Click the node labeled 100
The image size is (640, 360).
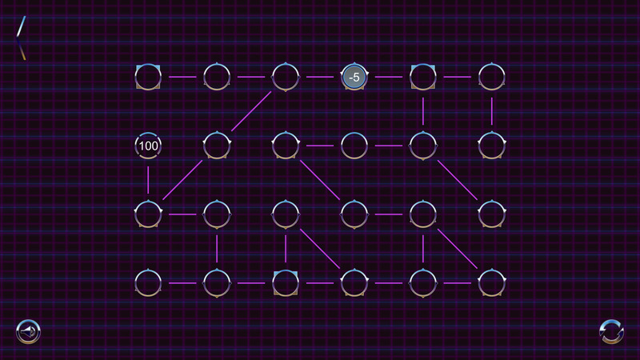pyautogui.click(x=148, y=146)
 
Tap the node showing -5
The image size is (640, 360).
pyautogui.click(x=354, y=77)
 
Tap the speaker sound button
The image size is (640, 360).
pyautogui.click(x=28, y=331)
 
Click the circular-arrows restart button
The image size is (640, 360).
pyautogui.click(x=611, y=331)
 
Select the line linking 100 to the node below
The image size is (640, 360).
pyautogui.click(x=148, y=180)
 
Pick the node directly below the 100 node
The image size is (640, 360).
pyautogui.click(x=148, y=214)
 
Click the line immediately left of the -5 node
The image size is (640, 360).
pyautogui.click(x=320, y=77)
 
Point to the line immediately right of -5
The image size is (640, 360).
pyautogui.click(x=389, y=77)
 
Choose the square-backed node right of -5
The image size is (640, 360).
pyautogui.click(x=423, y=77)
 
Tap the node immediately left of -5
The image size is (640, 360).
pyautogui.click(x=286, y=77)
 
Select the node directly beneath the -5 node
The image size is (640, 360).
pyautogui.click(x=354, y=146)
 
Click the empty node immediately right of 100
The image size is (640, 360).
pyautogui.click(x=217, y=146)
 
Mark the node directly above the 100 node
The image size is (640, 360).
pyautogui.click(x=148, y=77)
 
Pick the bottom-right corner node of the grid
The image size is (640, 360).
pyautogui.click(x=492, y=283)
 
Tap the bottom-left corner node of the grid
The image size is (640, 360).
pyautogui.click(x=148, y=283)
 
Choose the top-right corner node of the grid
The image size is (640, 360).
pyautogui.click(x=492, y=77)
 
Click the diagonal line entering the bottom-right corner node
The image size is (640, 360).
pyautogui.click(x=457, y=249)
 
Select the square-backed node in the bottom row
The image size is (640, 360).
pyautogui.click(x=286, y=283)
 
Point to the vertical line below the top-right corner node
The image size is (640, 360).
pyautogui.click(x=492, y=111)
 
